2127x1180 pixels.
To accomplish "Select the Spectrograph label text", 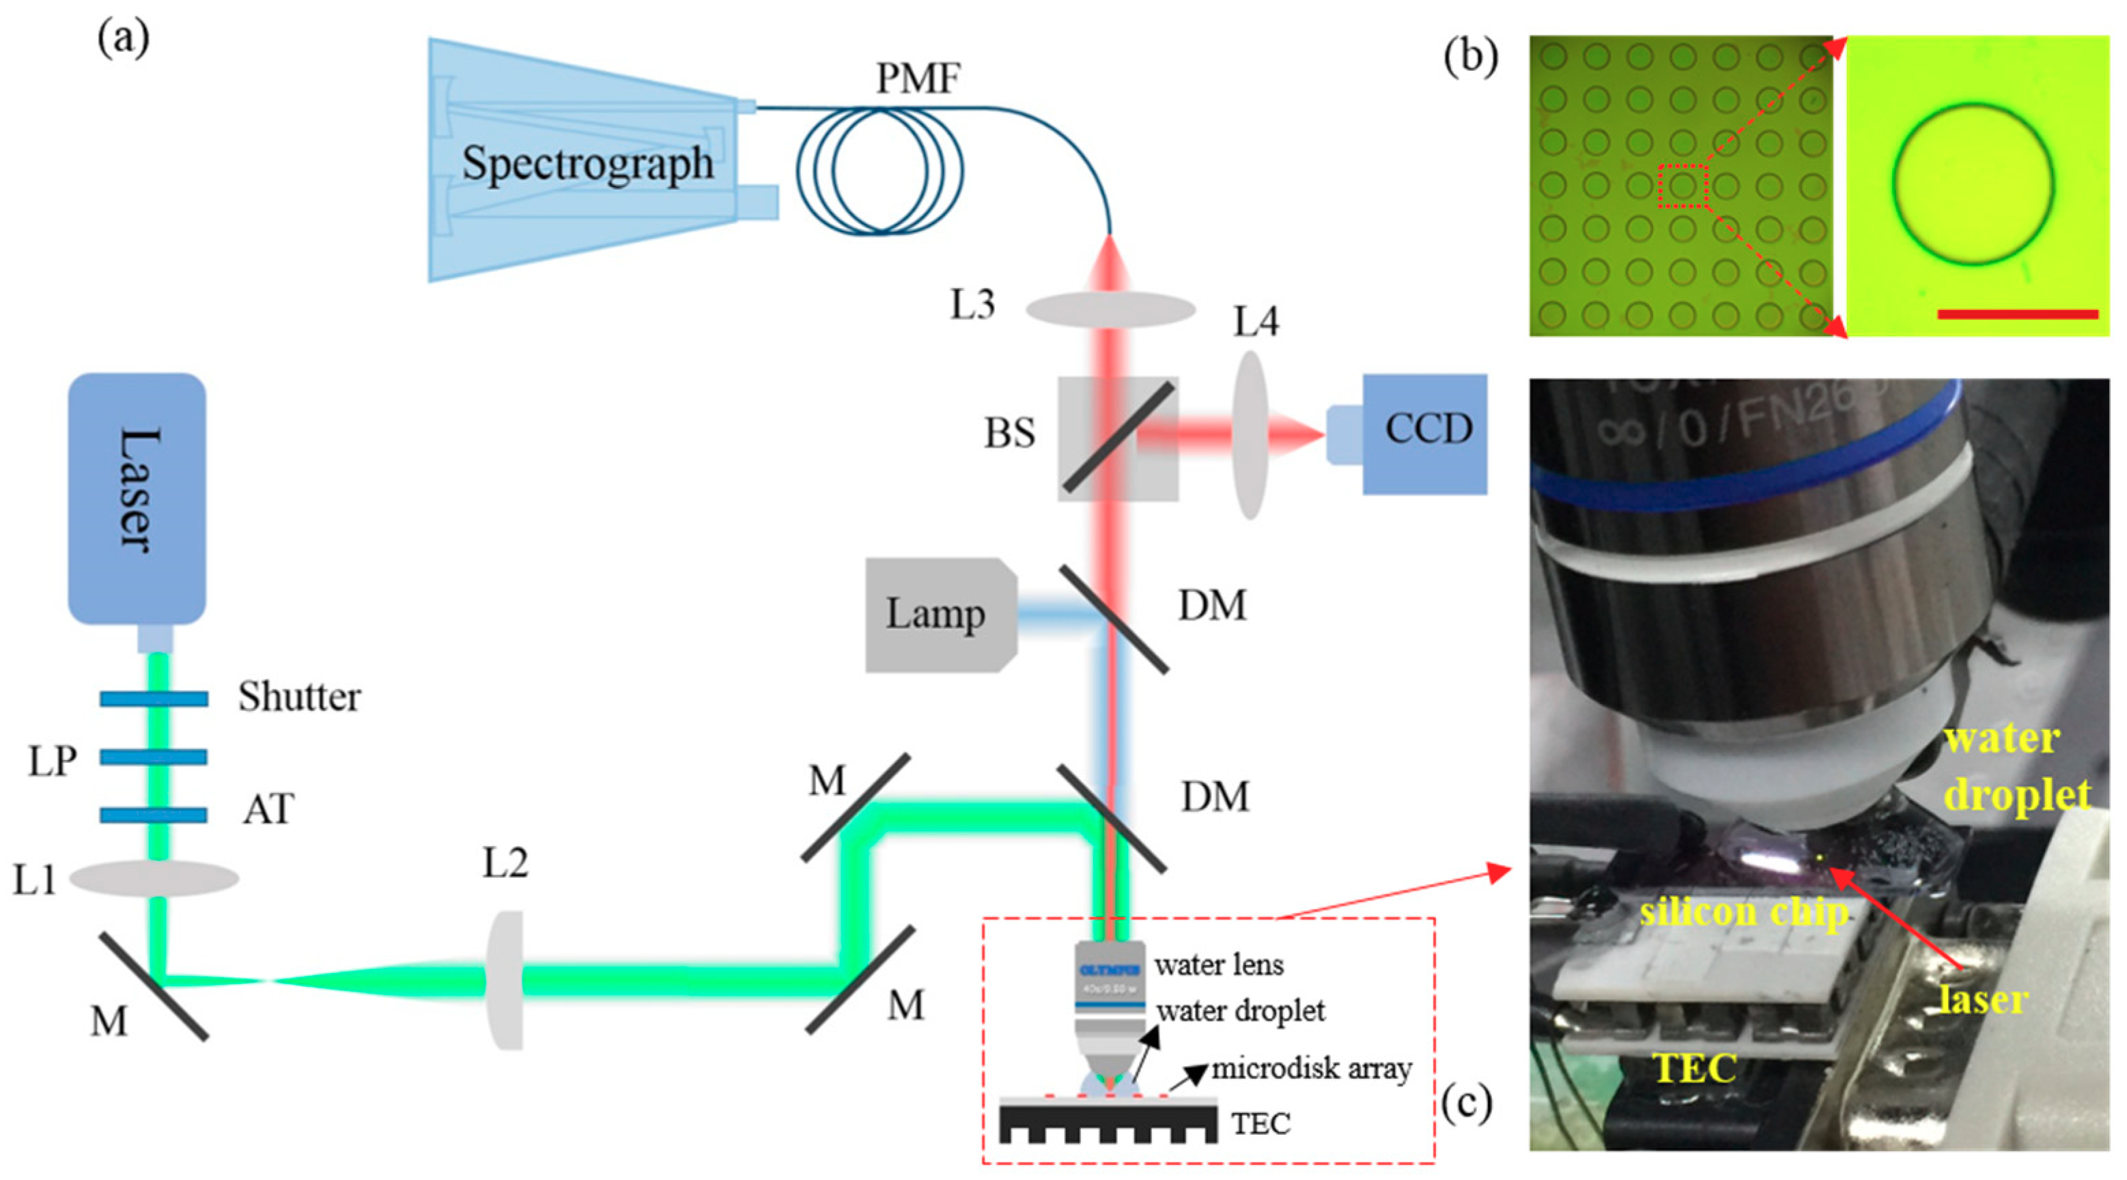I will tap(587, 163).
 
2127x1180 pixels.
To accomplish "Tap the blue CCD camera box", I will tap(1424, 433).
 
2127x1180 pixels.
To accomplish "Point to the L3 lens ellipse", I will tap(1110, 309).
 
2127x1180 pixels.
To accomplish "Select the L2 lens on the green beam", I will tap(505, 979).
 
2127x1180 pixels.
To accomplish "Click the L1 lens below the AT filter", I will tap(154, 877).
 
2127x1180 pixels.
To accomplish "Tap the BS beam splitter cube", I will tap(1118, 438).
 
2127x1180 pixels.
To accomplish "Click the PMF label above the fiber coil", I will tap(917, 79).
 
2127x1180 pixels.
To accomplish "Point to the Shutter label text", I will tap(299, 698).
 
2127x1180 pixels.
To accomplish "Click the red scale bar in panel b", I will tap(2017, 314).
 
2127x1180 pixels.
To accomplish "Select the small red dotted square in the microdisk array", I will tap(1682, 186).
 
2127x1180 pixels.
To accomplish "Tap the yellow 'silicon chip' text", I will tap(1744, 912).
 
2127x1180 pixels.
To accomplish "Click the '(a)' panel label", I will tap(124, 39).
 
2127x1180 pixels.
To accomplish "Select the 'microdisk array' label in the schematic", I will tap(1311, 1069).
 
